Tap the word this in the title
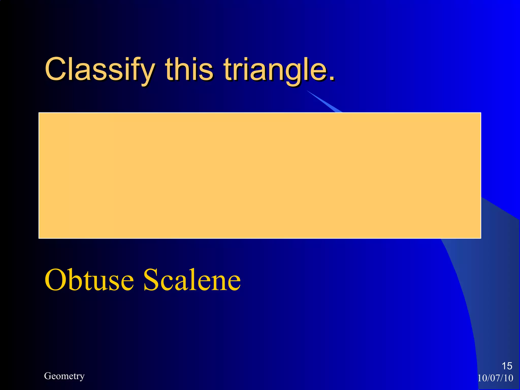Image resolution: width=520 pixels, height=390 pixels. (189, 69)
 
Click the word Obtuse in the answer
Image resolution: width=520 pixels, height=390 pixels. (89, 280)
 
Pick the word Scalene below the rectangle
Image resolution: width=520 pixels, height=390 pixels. (192, 280)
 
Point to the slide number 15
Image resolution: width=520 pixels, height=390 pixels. (507, 366)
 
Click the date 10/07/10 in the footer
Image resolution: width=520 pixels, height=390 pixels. (495, 378)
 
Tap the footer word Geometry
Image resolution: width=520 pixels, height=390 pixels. (64, 376)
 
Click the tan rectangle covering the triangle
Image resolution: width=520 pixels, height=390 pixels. (260, 175)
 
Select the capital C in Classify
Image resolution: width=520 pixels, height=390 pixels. (55, 69)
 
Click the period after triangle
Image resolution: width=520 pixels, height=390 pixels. (332, 77)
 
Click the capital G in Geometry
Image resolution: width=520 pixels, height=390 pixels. (47, 376)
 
